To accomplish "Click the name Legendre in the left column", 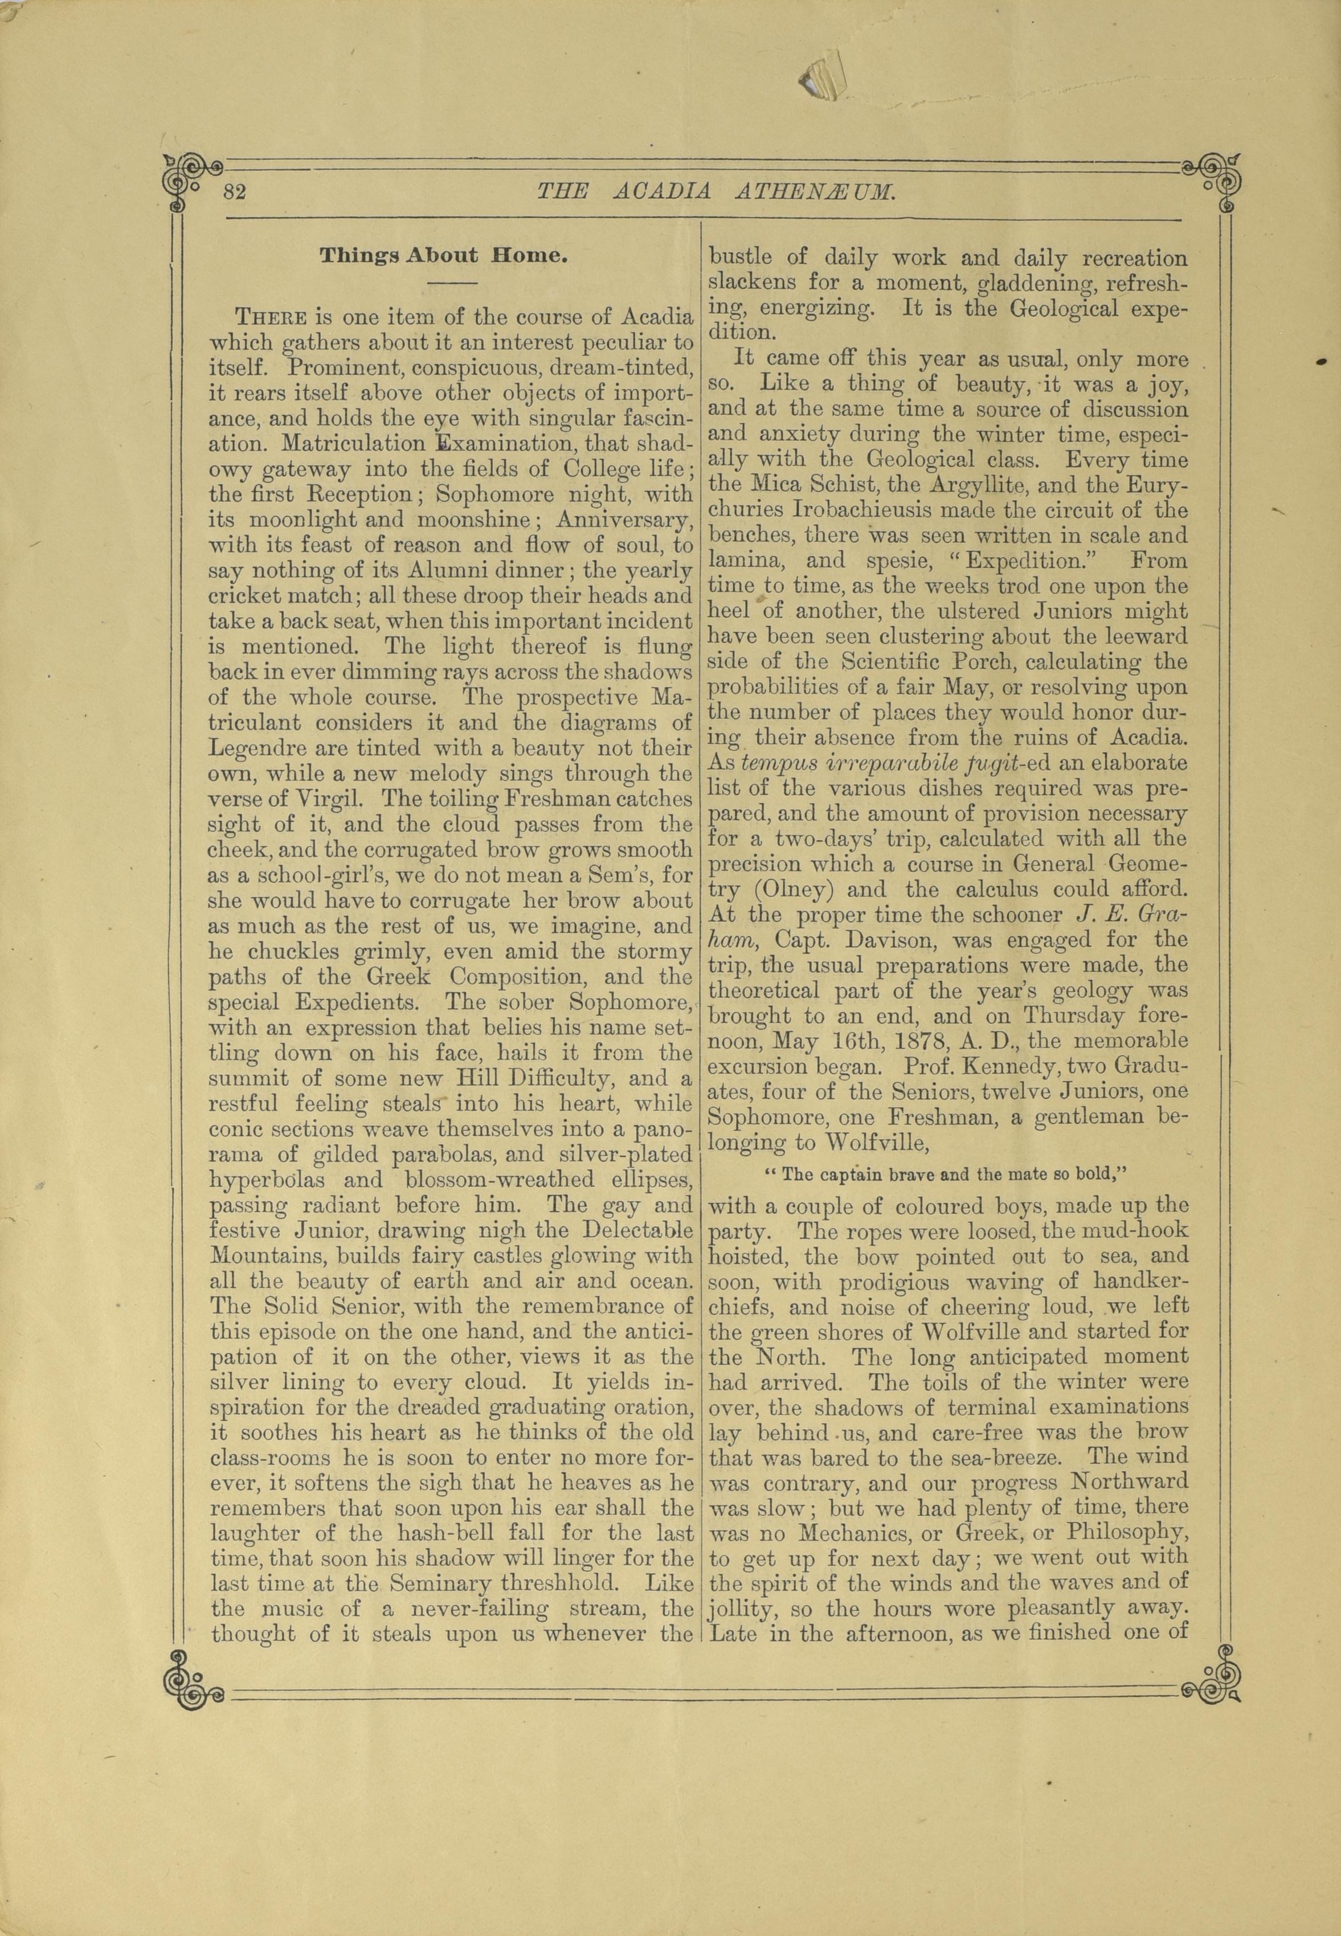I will [257, 747].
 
